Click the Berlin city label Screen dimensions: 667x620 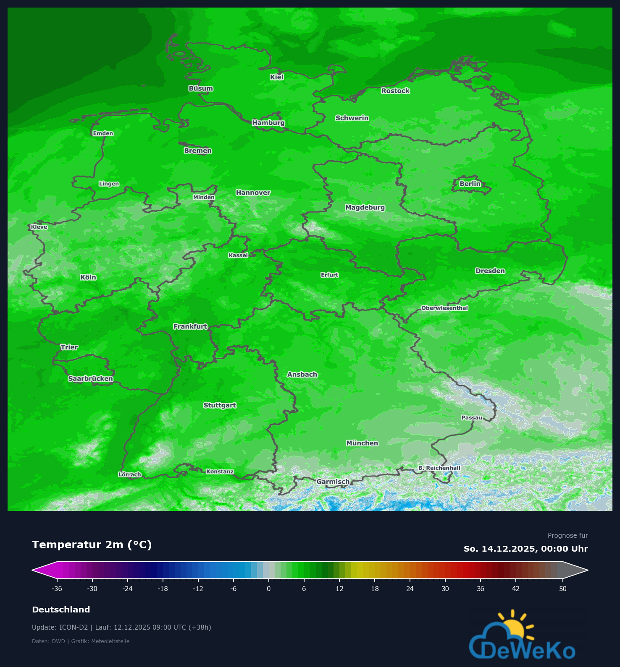point(470,184)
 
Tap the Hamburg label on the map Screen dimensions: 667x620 point(268,123)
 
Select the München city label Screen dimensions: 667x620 point(362,443)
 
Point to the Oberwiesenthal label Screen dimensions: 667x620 point(444,308)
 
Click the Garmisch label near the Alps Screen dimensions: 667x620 point(333,482)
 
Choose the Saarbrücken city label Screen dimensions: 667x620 point(90,378)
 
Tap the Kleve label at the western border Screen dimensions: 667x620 point(39,227)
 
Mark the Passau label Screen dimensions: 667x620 point(472,417)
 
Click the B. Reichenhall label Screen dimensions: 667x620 point(439,468)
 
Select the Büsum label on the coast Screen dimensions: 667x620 point(201,89)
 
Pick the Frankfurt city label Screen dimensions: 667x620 point(190,326)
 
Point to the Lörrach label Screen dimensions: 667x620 point(130,474)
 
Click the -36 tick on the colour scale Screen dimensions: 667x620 point(57,589)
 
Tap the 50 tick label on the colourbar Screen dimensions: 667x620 point(562,589)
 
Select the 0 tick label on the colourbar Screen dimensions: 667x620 point(269,589)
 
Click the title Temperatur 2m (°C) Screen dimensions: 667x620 point(92,545)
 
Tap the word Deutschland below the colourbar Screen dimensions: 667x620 point(61,610)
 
